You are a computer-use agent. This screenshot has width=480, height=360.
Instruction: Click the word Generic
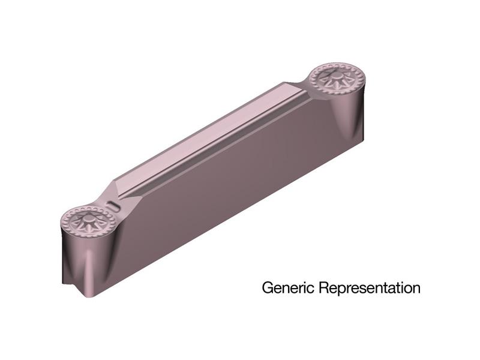click(288, 288)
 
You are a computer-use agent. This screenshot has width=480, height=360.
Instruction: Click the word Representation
click(370, 288)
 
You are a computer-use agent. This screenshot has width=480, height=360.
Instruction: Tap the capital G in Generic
click(267, 288)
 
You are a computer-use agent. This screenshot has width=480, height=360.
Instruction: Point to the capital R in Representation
click(323, 288)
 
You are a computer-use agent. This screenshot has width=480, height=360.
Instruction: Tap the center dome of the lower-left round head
click(88, 218)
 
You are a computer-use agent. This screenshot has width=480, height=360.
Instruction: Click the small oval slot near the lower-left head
click(113, 206)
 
